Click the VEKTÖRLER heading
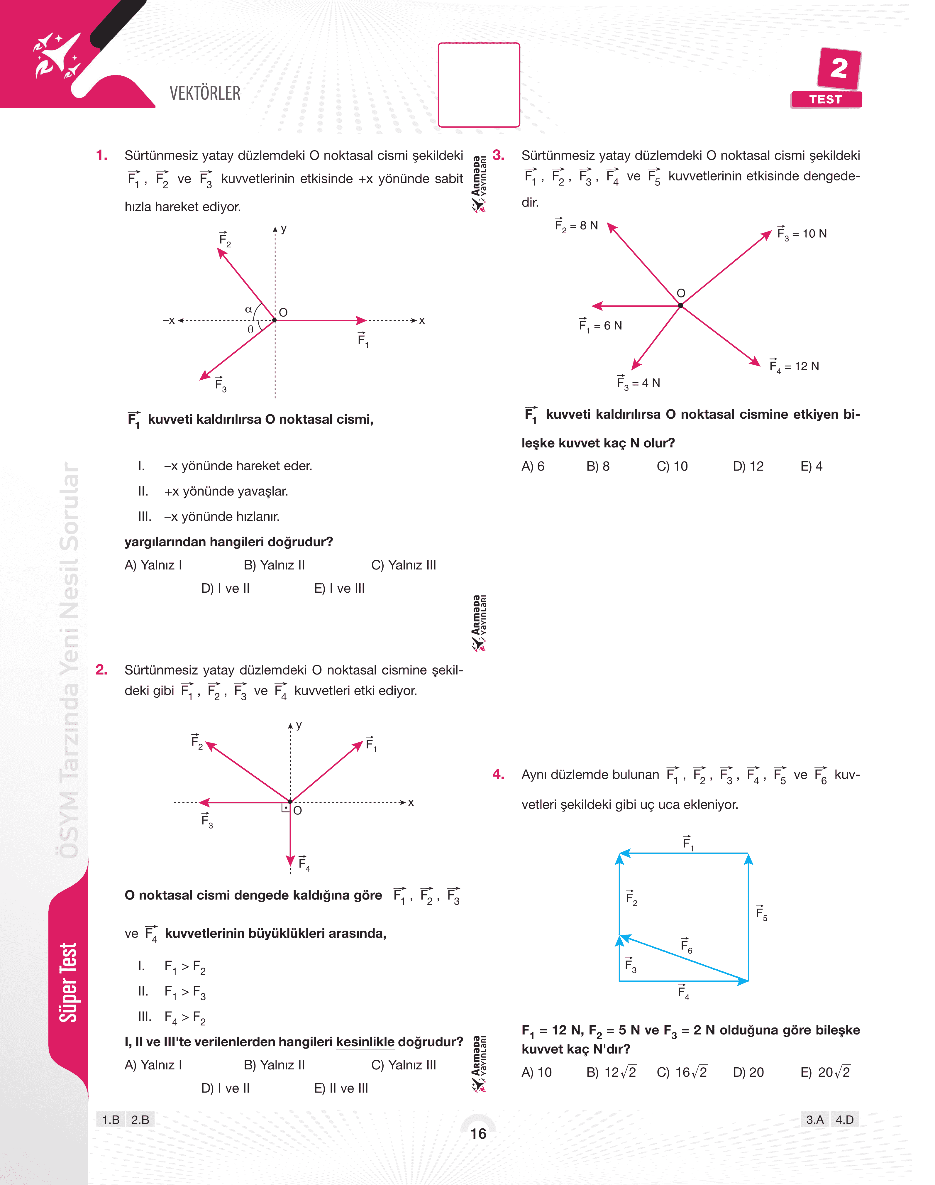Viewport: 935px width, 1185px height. [x=205, y=94]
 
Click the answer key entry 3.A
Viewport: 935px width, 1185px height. [x=814, y=1119]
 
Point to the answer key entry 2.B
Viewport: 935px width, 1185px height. [x=140, y=1119]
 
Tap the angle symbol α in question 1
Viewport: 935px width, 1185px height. [x=248, y=310]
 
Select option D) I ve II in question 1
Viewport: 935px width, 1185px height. [x=226, y=588]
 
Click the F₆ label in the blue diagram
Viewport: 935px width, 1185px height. [x=686, y=945]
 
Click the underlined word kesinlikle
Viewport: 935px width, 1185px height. [x=365, y=1042]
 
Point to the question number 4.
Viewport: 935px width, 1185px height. [x=498, y=774]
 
